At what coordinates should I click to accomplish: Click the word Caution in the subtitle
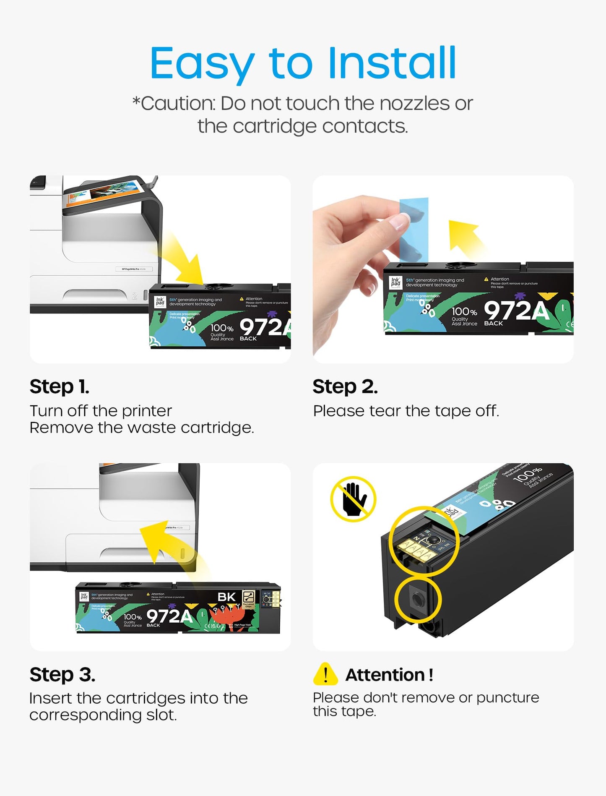(177, 104)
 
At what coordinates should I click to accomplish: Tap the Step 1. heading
(59, 386)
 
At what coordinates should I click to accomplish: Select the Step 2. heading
(345, 386)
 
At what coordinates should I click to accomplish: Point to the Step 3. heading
(62, 675)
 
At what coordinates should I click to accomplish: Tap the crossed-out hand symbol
(353, 499)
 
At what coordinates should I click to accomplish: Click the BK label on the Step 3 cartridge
(226, 597)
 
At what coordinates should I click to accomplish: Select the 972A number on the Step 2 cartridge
(516, 311)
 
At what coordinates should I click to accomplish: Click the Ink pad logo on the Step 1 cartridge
(160, 301)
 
